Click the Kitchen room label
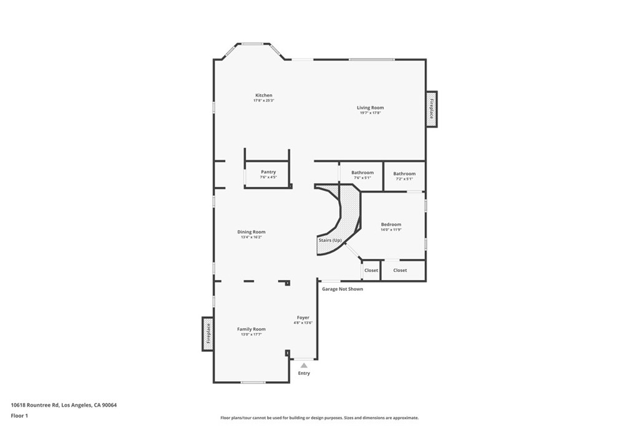pos(263,95)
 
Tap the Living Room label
pos(370,108)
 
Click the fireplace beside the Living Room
pos(431,109)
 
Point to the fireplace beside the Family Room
pos(208,334)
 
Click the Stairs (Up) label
pos(330,240)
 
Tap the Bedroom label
pos(391,225)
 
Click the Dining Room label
pos(251,232)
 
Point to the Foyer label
pos(303,317)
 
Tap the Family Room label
pos(251,329)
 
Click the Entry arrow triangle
pos(304,365)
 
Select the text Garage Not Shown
pos(342,289)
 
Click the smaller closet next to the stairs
pos(371,271)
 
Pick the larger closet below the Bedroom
pos(400,271)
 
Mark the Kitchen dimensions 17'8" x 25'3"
pos(263,100)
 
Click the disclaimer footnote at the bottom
pos(319,418)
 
